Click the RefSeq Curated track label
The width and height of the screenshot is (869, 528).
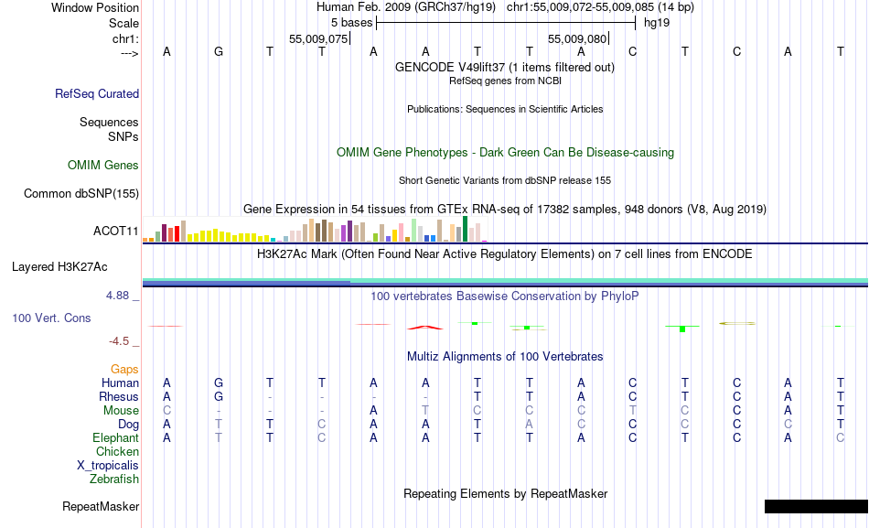pos(97,93)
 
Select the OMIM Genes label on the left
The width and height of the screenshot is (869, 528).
pos(103,166)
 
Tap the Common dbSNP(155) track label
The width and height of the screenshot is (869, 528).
pos(81,193)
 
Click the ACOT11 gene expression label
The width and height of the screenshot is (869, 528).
pos(116,231)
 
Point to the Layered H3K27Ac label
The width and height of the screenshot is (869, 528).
pos(59,267)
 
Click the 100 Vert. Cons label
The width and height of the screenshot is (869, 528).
pos(52,318)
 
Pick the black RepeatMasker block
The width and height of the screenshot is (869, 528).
pos(815,506)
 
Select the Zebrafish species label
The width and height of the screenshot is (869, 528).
pos(114,479)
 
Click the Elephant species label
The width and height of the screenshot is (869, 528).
pos(115,438)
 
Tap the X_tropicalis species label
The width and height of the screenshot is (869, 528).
pos(108,465)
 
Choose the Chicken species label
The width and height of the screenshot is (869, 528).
pos(117,452)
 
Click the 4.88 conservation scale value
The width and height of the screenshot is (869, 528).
pos(120,296)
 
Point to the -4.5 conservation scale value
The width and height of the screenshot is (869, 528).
pos(123,341)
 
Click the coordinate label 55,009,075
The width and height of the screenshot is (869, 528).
pos(318,39)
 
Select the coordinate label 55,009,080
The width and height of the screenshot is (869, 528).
pos(577,39)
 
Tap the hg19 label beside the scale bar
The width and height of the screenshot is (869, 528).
pos(657,22)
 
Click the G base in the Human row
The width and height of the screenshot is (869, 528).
pos(219,383)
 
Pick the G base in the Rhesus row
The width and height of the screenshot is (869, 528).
pos(219,397)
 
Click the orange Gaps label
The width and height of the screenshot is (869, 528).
pos(124,369)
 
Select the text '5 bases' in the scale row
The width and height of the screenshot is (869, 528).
pos(351,22)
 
